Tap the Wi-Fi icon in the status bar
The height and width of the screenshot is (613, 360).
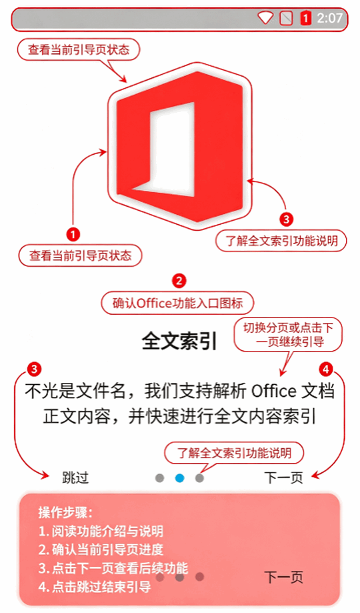[x=265, y=17]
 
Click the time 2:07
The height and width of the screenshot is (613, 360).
[x=329, y=18]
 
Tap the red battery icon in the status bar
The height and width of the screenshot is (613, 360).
[x=306, y=17]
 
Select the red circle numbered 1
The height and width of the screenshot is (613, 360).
[x=73, y=234]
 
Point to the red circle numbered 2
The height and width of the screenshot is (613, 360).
[x=179, y=281]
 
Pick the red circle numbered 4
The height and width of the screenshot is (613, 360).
[x=326, y=369]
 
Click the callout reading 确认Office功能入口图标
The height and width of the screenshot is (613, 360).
[x=178, y=303]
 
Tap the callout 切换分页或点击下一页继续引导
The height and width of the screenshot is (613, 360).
[x=288, y=335]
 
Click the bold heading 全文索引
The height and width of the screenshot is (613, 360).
[x=179, y=341]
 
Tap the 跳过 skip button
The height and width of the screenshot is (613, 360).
[x=75, y=478]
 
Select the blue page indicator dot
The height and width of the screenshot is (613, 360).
[x=179, y=478]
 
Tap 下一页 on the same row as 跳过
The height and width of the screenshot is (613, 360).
[x=284, y=478]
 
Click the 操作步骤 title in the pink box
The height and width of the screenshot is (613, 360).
[x=65, y=512]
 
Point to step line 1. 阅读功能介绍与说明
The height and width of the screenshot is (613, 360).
[x=101, y=531]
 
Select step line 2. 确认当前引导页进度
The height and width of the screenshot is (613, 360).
[x=101, y=549]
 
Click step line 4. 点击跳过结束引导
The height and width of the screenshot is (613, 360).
[x=95, y=586]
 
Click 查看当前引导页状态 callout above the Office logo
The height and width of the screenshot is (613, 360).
[x=79, y=49]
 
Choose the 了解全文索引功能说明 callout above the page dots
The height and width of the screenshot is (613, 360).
[x=234, y=453]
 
